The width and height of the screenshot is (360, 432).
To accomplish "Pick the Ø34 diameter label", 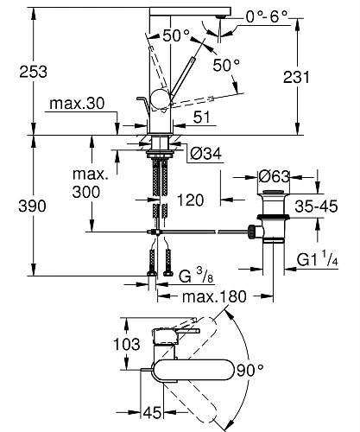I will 204,154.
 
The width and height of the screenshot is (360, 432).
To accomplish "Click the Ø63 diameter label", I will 277,176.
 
